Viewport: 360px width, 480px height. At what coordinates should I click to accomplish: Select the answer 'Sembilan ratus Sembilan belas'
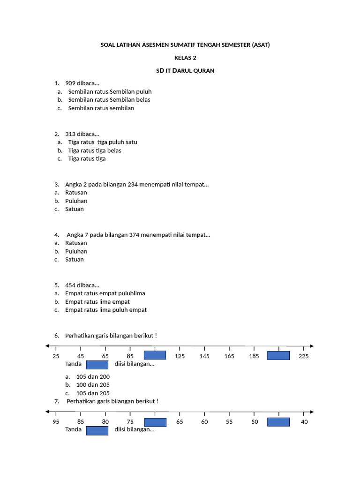[109, 100]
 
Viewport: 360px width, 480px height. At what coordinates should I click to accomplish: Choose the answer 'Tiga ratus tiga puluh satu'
[103, 142]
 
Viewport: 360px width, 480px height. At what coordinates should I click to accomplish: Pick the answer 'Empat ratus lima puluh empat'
[106, 310]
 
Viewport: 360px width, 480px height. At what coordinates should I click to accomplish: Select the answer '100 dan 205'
[93, 385]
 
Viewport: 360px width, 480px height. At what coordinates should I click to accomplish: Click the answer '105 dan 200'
[93, 376]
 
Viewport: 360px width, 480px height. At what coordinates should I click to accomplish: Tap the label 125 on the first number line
[180, 357]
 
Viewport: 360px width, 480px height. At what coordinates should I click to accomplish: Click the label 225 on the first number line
[304, 357]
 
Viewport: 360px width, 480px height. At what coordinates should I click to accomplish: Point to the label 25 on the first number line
[56, 357]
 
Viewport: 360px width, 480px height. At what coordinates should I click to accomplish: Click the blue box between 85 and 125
[155, 355]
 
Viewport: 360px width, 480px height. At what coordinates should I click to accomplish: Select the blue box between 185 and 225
[278, 355]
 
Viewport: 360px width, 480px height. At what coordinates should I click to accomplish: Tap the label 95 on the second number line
[56, 422]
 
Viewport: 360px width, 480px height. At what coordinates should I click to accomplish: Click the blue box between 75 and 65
[155, 422]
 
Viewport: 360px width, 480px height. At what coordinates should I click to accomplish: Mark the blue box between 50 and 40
[278, 422]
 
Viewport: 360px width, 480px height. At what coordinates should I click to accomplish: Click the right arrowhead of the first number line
[311, 346]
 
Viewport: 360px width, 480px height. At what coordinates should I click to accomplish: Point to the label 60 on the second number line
[204, 422]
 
